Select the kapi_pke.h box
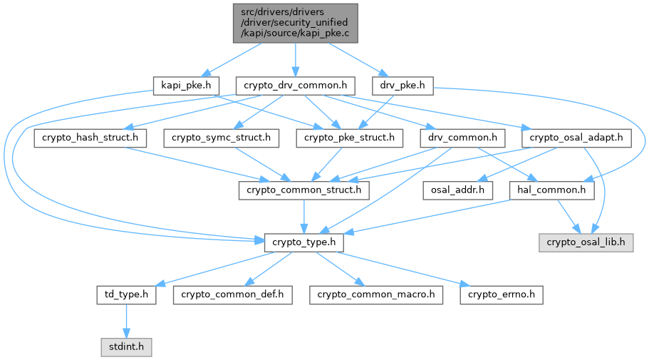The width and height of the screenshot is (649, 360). coord(182,86)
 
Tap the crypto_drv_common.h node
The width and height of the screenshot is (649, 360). coord(295,86)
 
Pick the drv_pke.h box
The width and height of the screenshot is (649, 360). coord(403,86)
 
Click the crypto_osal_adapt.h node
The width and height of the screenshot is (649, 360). coord(577,138)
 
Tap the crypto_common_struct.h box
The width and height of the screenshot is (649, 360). coord(304,190)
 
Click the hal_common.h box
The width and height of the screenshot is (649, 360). coord(552,190)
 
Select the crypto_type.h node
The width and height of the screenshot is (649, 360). coord(304,243)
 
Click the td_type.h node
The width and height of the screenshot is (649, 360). coord(126,294)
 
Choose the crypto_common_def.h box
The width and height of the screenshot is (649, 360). coord(232,294)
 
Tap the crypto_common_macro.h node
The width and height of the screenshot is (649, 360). coord(376,294)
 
